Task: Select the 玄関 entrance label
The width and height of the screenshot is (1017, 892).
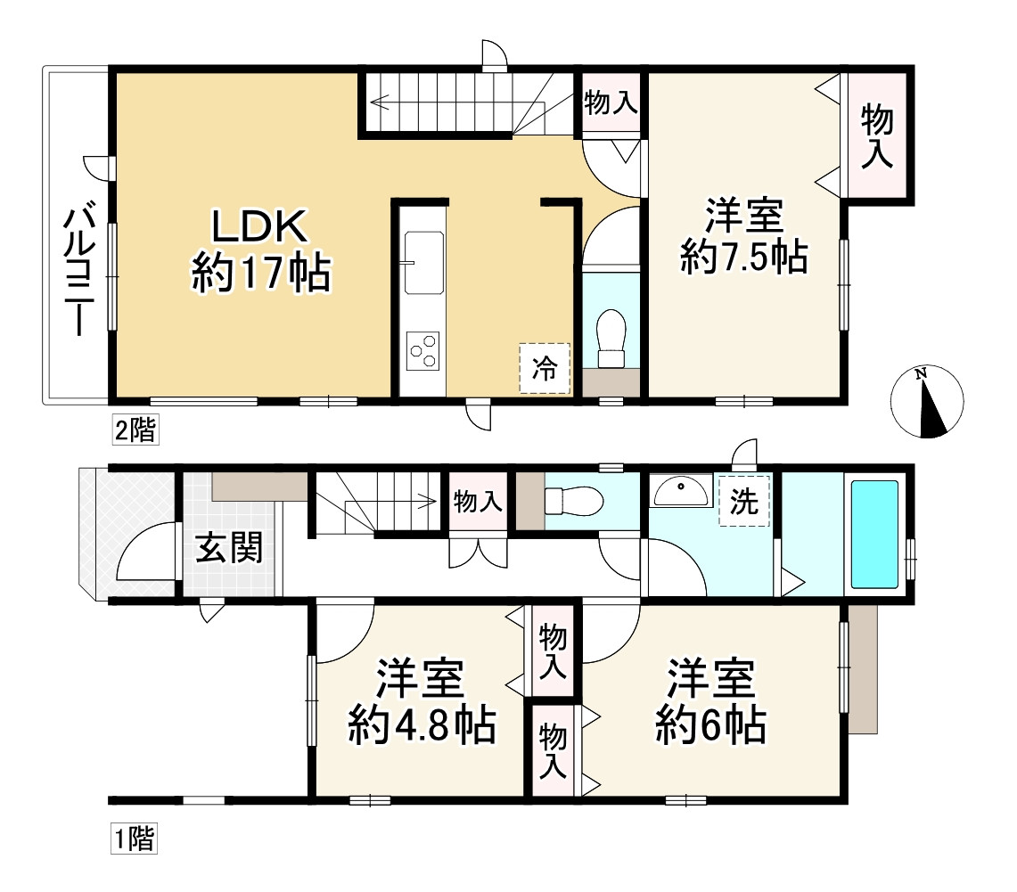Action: (x=229, y=549)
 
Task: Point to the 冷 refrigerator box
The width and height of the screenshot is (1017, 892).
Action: (x=544, y=367)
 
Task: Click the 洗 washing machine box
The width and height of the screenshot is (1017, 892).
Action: (x=743, y=503)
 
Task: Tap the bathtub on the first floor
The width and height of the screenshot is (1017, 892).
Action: (x=874, y=534)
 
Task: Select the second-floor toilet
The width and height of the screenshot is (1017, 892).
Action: (x=611, y=340)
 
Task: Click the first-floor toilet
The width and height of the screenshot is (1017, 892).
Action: (x=570, y=500)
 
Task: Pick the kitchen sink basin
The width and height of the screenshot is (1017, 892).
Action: (x=424, y=262)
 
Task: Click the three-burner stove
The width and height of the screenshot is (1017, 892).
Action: (x=422, y=350)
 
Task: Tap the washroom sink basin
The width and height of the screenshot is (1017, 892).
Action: (x=681, y=489)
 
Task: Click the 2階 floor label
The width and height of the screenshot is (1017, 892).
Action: (x=134, y=431)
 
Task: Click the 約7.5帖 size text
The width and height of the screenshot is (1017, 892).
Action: (x=743, y=258)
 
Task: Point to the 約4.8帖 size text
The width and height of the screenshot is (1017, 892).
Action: (x=422, y=726)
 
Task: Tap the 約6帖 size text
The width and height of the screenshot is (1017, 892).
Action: (x=710, y=726)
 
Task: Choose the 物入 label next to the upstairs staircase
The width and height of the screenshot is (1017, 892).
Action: (x=611, y=103)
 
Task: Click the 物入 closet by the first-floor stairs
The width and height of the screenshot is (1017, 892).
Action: (x=478, y=502)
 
